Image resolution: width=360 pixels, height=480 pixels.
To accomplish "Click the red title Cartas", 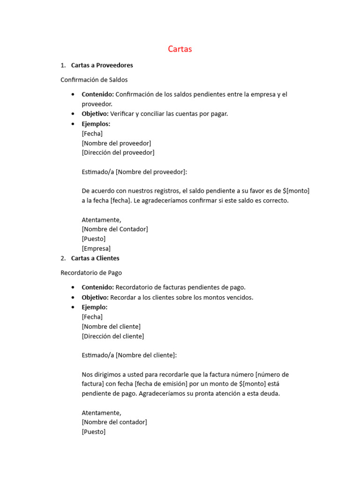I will coord(180,49).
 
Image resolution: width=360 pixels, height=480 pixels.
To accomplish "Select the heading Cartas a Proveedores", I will coord(102,65).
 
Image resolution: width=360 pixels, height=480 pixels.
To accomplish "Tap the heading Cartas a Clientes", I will coord(95,258).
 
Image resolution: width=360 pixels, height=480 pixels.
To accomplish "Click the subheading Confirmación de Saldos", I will coord(94,80).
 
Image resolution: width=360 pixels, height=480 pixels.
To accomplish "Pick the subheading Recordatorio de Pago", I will coord(91,273).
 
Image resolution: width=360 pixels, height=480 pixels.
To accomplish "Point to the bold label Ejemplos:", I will coord(96,124).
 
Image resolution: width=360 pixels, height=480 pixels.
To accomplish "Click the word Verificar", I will coord(123,114).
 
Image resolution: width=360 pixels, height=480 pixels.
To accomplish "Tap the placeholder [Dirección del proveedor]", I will coord(118,153).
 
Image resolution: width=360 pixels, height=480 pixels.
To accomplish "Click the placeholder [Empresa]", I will coord(96,249).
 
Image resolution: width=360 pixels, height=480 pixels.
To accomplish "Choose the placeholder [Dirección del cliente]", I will coord(112,336).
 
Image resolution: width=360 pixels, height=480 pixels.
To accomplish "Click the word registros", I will coord(164,191).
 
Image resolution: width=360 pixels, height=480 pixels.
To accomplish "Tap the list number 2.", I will coord(63,258).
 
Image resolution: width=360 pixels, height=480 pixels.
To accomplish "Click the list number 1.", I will coord(63,65).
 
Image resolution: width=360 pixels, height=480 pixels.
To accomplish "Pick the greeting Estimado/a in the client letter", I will coord(97,355).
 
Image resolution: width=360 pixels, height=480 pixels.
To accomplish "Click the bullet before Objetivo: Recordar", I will coord(73,298).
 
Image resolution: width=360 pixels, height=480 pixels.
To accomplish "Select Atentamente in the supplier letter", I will coord(101,220).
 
